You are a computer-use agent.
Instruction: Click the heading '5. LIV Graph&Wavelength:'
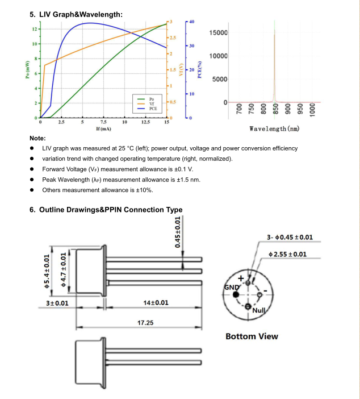pyautogui.click(x=76, y=14)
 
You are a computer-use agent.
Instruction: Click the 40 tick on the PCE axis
pyautogui.click(x=191, y=22)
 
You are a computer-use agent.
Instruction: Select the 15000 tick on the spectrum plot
pyautogui.click(x=219, y=33)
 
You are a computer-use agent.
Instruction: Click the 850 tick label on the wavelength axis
pyautogui.click(x=275, y=110)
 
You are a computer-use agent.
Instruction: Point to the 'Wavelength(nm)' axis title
pyautogui.click(x=275, y=128)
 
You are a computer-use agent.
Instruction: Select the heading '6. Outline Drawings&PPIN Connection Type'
pyautogui.click(x=106, y=210)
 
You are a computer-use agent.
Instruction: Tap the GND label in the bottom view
pyautogui.click(x=232, y=288)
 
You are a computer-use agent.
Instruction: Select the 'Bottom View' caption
pyautogui.click(x=252, y=336)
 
